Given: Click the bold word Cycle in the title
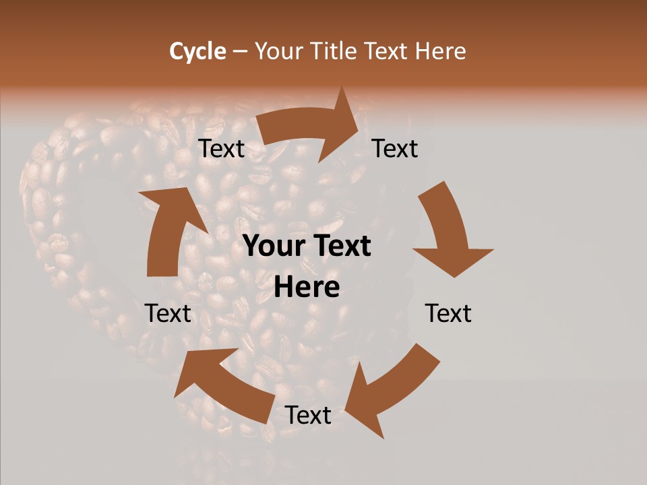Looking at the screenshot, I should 197,51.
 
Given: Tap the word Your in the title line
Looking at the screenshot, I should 278,51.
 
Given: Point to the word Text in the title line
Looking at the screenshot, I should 388,51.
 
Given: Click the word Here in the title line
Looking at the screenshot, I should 441,51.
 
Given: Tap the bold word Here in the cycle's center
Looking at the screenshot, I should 307,288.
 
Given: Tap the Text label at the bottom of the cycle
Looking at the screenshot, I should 307,416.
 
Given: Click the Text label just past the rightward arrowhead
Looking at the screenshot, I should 395,149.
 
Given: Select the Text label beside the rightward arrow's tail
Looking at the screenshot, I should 221,149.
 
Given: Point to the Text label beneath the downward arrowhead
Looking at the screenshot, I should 448,314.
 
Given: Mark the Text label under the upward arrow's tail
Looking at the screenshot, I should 168,314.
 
